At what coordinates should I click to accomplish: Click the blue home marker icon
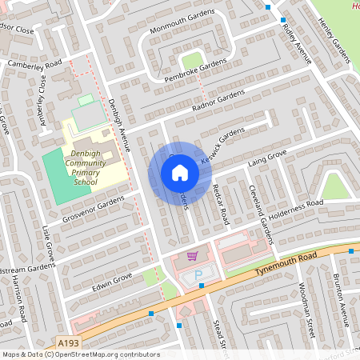coord(179,172)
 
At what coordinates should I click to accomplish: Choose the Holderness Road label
coord(295,207)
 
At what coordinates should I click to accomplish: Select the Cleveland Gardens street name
coord(265,217)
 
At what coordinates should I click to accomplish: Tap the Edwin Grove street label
coord(111,282)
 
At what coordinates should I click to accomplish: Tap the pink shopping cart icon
coord(192,256)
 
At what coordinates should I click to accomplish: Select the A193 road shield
coord(68,344)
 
